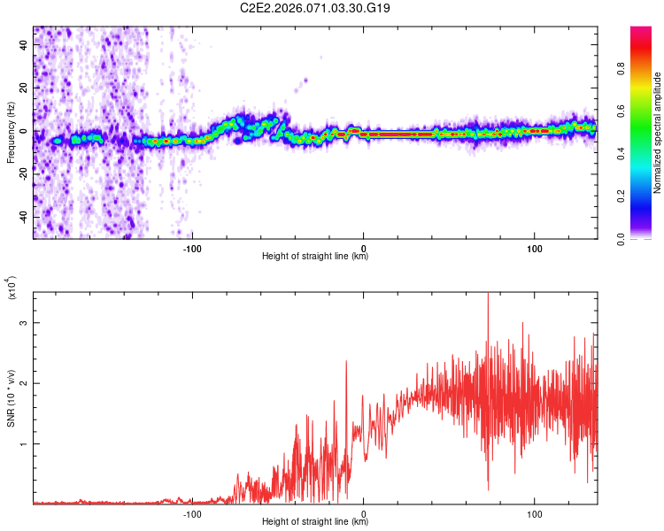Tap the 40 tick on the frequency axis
pos(25,46)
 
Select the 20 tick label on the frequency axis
pos(25,88)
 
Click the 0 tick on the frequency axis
pos(27,131)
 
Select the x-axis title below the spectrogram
pos(315,258)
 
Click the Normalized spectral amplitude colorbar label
pos(658,133)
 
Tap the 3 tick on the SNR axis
pos(25,323)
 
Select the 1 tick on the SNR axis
pos(25,443)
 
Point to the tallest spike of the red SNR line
pos(488,295)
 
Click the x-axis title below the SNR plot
pos(315,522)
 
